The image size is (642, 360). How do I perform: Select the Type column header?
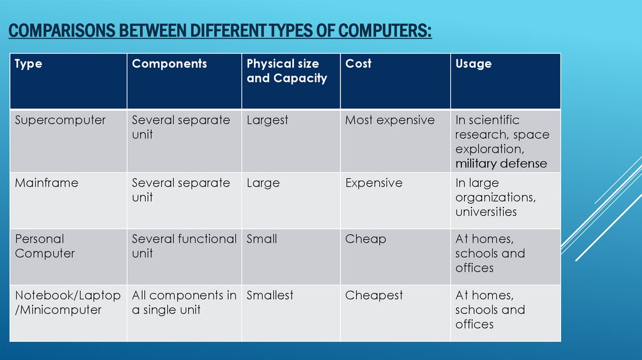pos(28,64)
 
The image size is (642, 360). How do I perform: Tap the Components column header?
pos(169,64)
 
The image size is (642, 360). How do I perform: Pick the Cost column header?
pos(358,64)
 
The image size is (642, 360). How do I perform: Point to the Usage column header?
pos(473,64)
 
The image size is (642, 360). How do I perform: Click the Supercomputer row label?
pos(60,120)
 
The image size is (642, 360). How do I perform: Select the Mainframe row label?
pos(46,183)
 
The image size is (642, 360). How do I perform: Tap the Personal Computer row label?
pos(45,246)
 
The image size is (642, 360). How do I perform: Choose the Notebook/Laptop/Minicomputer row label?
pos(67,302)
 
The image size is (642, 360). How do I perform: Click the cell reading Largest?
pos(267,120)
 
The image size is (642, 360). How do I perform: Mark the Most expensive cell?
pos(389,120)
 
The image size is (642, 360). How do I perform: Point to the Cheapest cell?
pos(374,295)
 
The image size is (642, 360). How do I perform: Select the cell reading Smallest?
pos(270,295)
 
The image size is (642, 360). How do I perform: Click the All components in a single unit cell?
pos(184,302)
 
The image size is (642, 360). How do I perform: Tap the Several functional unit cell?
pos(184,246)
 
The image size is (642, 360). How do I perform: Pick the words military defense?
pos(501,164)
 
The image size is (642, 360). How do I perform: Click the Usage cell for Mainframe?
pos(495,197)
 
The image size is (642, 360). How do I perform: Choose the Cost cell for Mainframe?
pos(374,183)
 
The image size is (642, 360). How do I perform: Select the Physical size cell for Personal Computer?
pos(261,239)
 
